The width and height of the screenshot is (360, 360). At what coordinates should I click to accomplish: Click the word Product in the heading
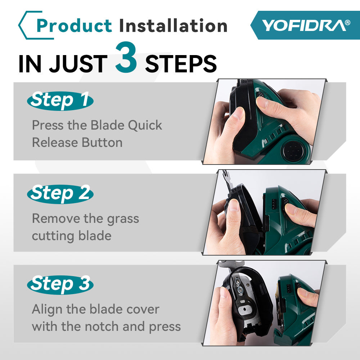[x=74, y=26]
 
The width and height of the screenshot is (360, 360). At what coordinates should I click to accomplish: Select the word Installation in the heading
[x=173, y=26]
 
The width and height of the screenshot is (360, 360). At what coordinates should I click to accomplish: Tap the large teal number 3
[x=126, y=58]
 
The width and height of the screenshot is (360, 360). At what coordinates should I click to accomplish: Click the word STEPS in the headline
[x=181, y=64]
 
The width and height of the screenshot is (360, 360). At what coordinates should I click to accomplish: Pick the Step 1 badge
[x=60, y=100]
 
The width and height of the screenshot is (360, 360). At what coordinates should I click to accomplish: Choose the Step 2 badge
[x=60, y=194]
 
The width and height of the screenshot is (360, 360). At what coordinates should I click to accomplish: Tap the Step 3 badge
[x=60, y=284]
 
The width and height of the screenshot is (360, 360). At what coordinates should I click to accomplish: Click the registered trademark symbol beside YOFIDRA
[x=347, y=22]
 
